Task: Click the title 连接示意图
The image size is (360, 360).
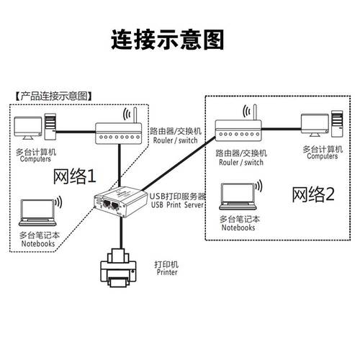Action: [x=168, y=40]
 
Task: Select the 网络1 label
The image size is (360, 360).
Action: [x=74, y=175]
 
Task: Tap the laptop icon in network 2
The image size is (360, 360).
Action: [x=238, y=197]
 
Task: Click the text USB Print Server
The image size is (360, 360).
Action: [x=178, y=205]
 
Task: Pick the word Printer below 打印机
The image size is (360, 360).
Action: [x=167, y=273]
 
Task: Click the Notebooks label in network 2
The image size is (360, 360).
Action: [x=238, y=228]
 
